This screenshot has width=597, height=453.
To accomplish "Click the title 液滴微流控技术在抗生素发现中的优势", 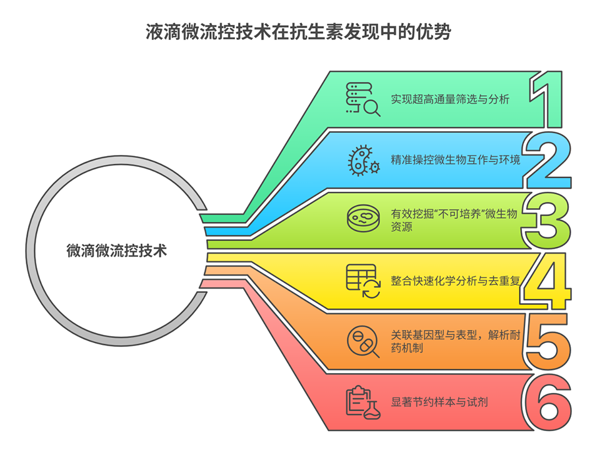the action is pyautogui.click(x=298, y=32).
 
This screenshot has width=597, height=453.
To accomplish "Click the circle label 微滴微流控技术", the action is pyautogui.click(x=116, y=251).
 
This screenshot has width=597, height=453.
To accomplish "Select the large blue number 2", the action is pyautogui.click(x=548, y=160).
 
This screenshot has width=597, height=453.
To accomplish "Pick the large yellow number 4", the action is pyautogui.click(x=547, y=281).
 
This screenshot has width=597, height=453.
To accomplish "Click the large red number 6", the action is pyautogui.click(x=548, y=402).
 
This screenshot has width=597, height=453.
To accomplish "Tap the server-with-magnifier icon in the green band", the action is pyautogui.click(x=363, y=99).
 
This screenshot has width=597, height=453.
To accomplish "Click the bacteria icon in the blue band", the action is pyautogui.click(x=364, y=160).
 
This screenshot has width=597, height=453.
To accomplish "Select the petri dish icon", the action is pyautogui.click(x=363, y=218).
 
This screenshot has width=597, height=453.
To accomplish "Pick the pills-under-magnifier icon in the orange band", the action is pyautogui.click(x=363, y=341).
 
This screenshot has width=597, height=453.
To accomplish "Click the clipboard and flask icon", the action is pyautogui.click(x=363, y=402).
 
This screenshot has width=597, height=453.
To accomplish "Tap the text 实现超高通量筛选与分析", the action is pyautogui.click(x=450, y=99).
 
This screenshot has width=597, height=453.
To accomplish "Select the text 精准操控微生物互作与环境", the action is pyautogui.click(x=455, y=159).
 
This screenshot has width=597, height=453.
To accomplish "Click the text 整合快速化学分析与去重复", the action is pyautogui.click(x=455, y=281).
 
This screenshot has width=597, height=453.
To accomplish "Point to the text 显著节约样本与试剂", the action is pyautogui.click(x=439, y=402).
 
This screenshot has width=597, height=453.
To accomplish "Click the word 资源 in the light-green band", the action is pyautogui.click(x=402, y=227).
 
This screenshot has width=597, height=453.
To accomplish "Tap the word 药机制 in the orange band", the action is pyautogui.click(x=407, y=348).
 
